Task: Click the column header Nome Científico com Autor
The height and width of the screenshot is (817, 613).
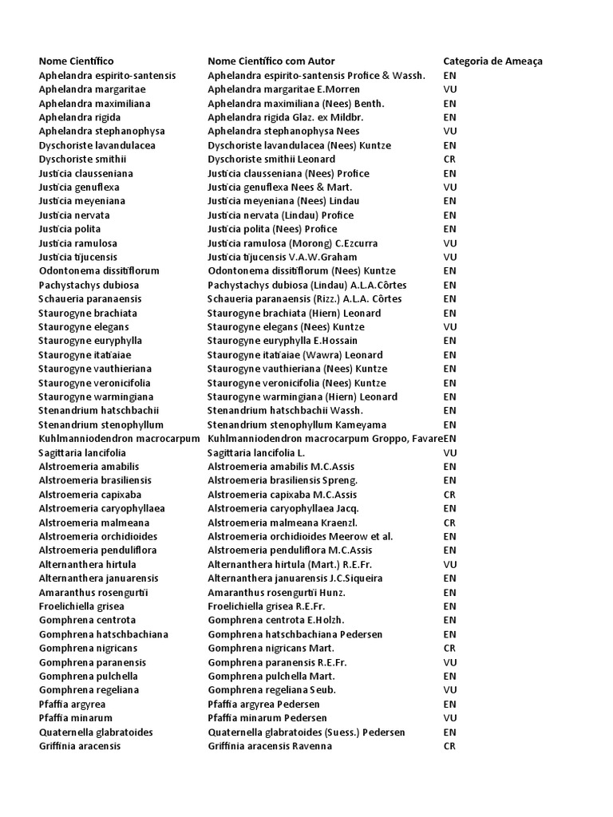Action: tap(271, 61)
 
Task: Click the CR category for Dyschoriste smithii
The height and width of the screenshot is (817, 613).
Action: tap(449, 159)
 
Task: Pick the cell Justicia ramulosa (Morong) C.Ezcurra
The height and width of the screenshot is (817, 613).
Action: tap(292, 243)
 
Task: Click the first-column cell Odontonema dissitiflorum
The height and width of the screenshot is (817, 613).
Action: tap(100, 270)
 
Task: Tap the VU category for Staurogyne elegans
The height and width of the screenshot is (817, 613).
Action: tap(449, 326)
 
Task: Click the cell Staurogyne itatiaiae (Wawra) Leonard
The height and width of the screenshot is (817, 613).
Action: tap(295, 354)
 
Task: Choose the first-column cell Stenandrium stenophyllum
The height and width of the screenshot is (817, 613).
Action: tap(101, 424)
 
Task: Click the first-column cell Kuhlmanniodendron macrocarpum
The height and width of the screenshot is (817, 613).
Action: tap(120, 439)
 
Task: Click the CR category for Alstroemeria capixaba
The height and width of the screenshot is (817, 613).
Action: tap(449, 494)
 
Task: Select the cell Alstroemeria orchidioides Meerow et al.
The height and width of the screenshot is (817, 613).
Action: tap(300, 536)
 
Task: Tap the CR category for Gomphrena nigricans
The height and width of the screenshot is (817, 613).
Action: tap(449, 648)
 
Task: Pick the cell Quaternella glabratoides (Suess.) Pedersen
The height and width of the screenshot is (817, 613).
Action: tap(306, 732)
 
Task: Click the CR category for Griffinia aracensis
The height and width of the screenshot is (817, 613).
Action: tap(449, 746)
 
